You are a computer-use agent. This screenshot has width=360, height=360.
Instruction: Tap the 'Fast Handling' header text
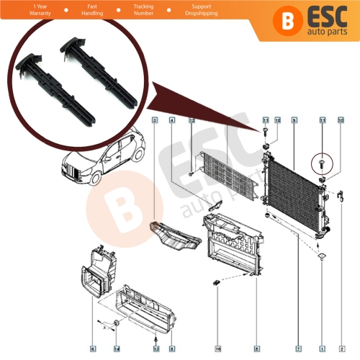click(x=71, y=12)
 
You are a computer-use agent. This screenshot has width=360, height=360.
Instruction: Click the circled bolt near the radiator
click(x=321, y=163)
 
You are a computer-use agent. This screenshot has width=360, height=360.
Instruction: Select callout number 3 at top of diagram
click(x=154, y=122)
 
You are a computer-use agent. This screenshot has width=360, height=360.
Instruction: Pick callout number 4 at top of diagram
click(x=173, y=122)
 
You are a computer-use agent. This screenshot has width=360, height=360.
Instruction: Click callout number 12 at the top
click(x=192, y=122)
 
